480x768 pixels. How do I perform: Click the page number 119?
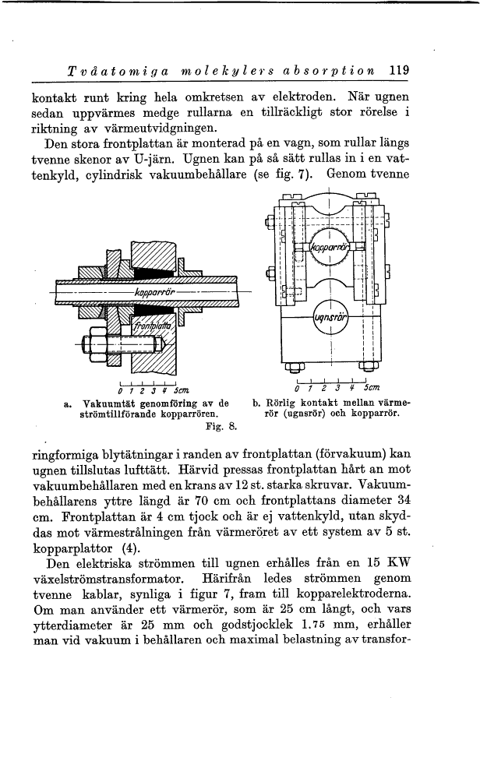399,69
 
